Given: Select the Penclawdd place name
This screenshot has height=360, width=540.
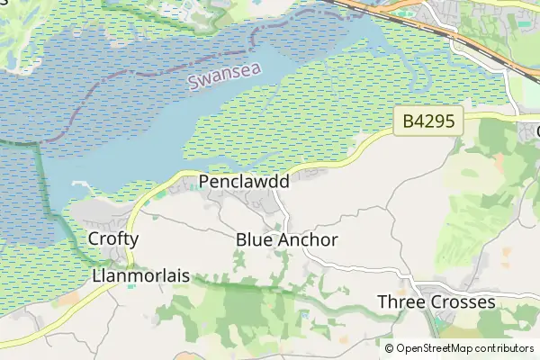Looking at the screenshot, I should click(x=244, y=182).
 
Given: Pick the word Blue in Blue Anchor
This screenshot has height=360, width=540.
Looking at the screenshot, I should click(x=254, y=240).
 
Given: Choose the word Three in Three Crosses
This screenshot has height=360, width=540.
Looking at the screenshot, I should click(x=400, y=301).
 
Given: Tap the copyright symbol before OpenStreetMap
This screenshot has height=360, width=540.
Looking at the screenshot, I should click(x=390, y=348).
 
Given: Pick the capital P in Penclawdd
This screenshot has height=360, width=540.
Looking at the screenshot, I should click(x=204, y=182).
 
